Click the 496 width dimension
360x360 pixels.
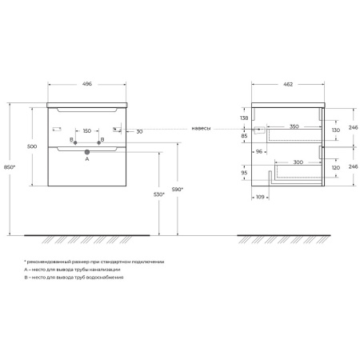[x=87, y=84]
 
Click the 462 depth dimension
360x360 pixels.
[x=288, y=84]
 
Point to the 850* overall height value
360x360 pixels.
[x=10, y=167]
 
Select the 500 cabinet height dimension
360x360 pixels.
[x=32, y=146]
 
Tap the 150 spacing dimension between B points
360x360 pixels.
[x=87, y=131]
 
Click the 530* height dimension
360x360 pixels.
[x=159, y=194]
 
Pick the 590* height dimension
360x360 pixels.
[x=178, y=190]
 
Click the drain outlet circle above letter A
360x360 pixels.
[x=87, y=152]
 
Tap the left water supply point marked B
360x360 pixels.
[x=75, y=142]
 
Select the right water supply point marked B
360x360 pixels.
[x=98, y=142]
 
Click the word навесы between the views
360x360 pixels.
[x=201, y=128]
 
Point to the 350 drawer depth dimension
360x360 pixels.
[x=294, y=126]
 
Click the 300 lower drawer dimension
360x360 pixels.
[x=298, y=162]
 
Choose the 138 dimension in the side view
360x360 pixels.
[x=244, y=118]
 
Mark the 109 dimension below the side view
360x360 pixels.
[x=260, y=197]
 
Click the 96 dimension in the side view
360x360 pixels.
[x=259, y=151]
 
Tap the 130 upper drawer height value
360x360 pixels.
[x=336, y=130]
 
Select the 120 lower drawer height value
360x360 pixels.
[x=336, y=167]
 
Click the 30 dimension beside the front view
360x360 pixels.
[x=139, y=131]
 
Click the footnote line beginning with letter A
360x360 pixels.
[x=72, y=270]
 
